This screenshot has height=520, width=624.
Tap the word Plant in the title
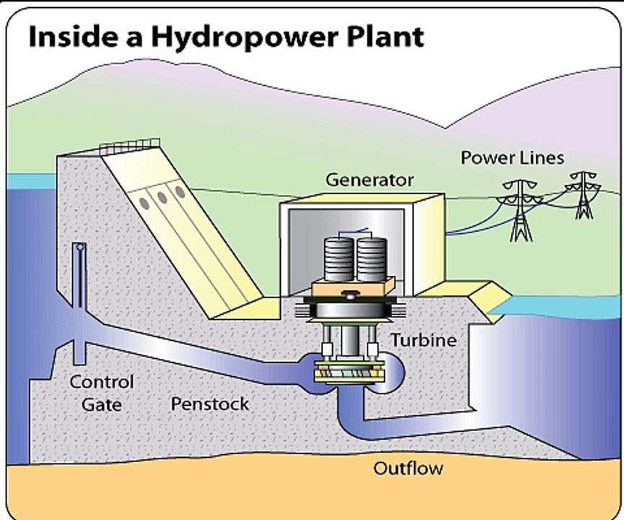click(x=386, y=36)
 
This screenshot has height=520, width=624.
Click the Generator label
click(x=370, y=180)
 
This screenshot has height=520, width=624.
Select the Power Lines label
click(x=512, y=157)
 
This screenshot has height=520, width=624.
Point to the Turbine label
click(x=424, y=339)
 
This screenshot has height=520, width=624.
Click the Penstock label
click(x=209, y=404)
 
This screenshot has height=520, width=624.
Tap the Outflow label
click(x=408, y=468)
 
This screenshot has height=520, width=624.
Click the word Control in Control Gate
click(x=102, y=382)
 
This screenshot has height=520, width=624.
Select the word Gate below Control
click(x=102, y=404)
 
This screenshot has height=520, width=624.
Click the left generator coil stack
click(x=339, y=259)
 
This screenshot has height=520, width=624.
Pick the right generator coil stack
click(x=372, y=259)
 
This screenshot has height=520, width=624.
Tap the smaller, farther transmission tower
click(x=584, y=195)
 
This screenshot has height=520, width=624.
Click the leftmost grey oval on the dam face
click(x=144, y=204)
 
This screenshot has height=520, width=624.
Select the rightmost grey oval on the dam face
click(x=180, y=192)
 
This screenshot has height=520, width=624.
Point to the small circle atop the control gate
click(x=80, y=247)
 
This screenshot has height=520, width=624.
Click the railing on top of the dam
click(x=130, y=146)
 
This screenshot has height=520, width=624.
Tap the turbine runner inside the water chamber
click(x=350, y=372)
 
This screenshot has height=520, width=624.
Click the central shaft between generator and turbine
click(x=350, y=339)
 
